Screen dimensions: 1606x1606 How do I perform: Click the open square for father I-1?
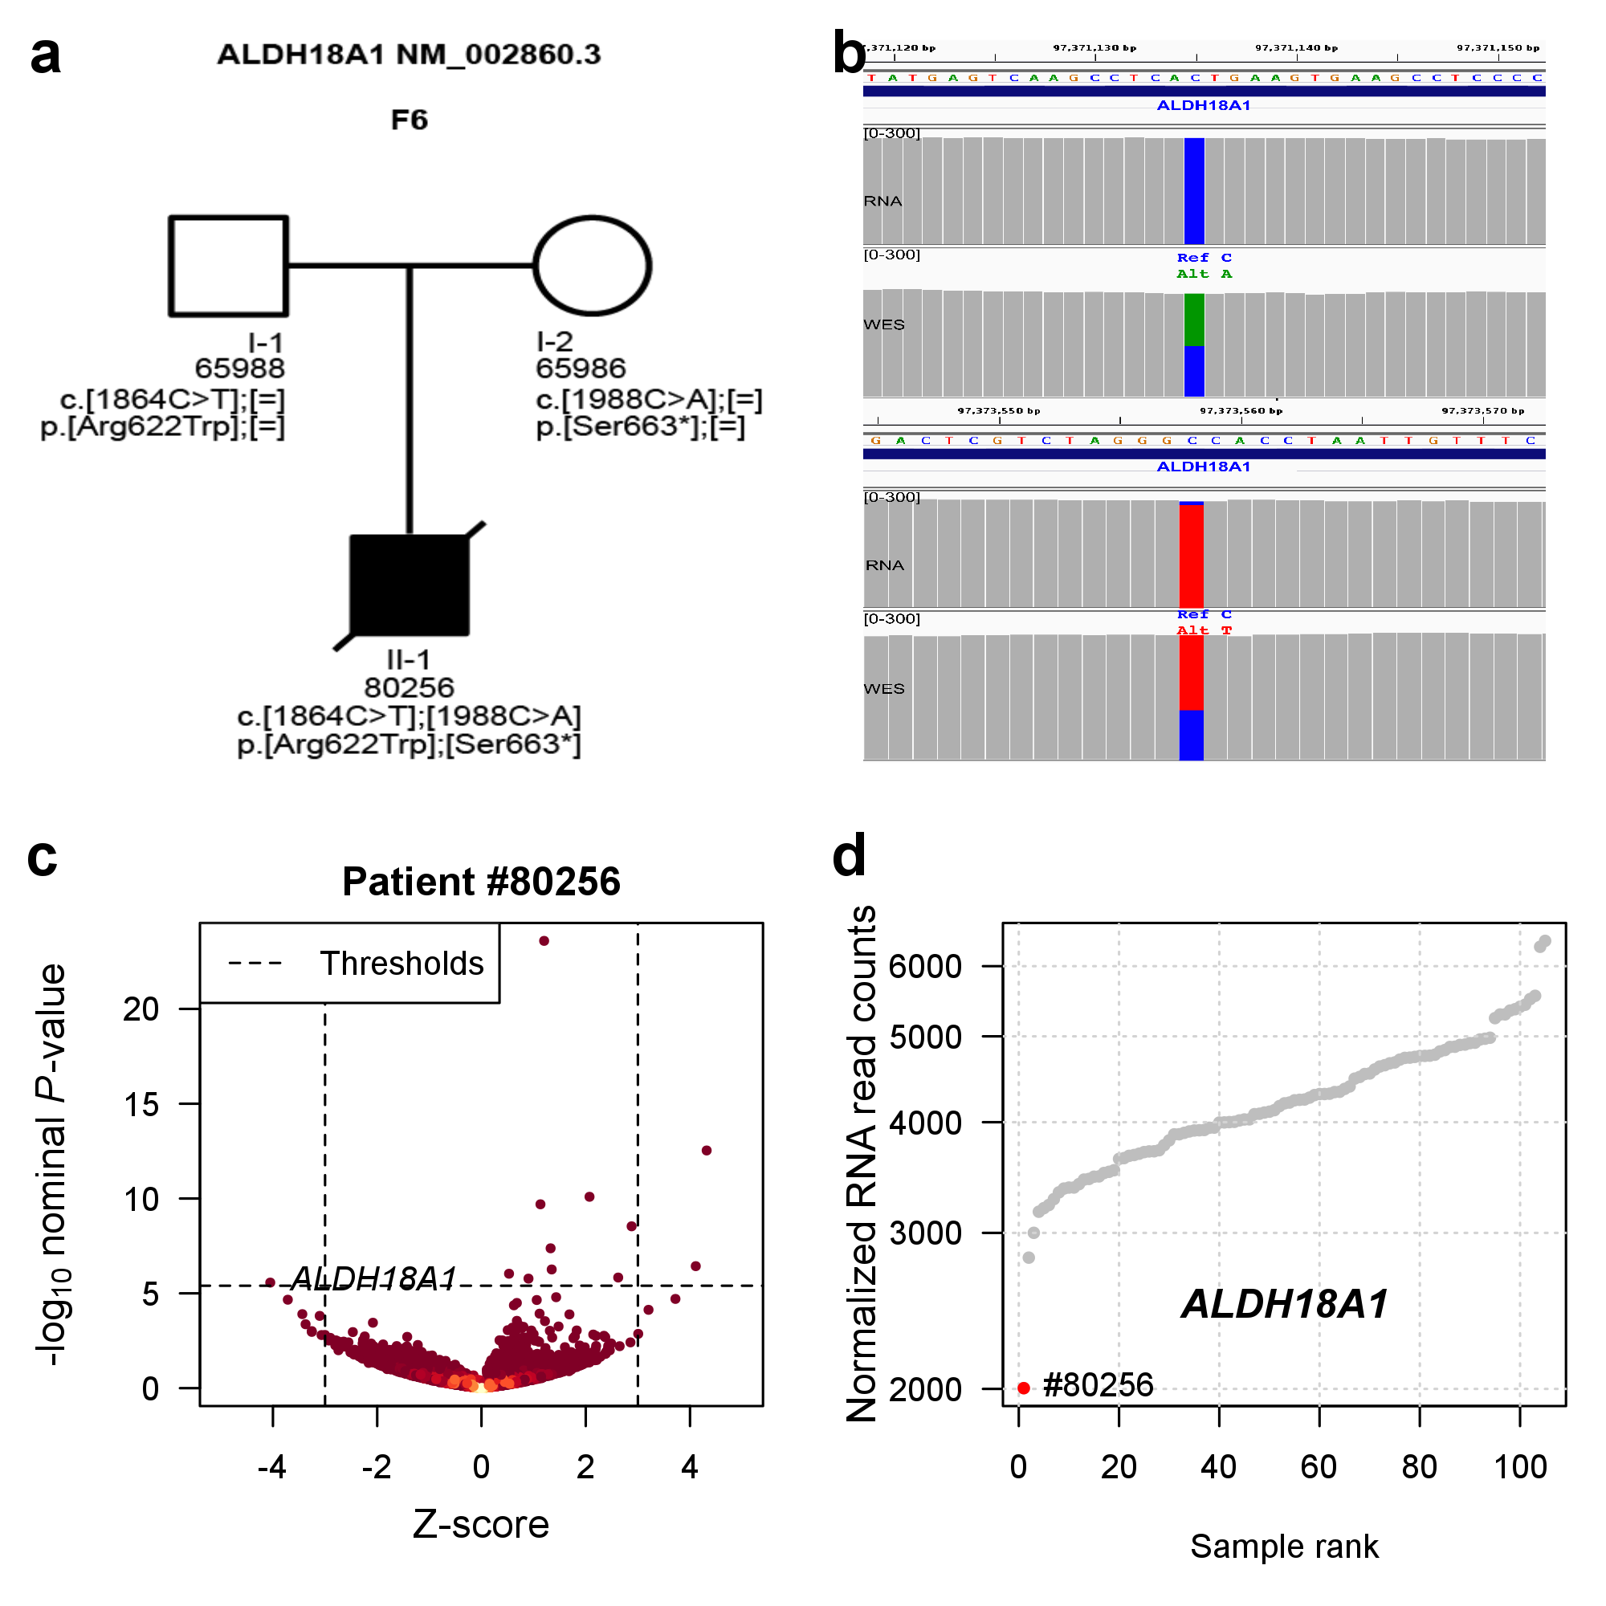click(x=229, y=266)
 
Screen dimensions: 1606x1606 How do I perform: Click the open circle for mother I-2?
click(x=592, y=266)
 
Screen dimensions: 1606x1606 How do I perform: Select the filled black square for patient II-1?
click(x=409, y=585)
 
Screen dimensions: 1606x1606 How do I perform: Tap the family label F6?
click(x=409, y=120)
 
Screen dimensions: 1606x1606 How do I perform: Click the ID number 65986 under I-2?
click(x=581, y=369)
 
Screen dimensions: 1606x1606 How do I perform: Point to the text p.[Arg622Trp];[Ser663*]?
click(x=409, y=744)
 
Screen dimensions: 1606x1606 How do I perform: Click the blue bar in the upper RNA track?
click(x=1194, y=191)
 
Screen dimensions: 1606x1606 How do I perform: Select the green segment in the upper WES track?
click(x=1194, y=320)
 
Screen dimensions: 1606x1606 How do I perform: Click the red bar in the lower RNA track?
click(x=1191, y=556)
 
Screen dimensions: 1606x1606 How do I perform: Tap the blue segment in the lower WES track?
click(x=1191, y=735)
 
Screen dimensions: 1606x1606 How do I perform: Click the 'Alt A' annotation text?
click(x=1204, y=275)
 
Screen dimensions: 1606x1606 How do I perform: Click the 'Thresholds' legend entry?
click(x=401, y=964)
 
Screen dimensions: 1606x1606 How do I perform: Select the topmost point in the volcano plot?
click(x=544, y=941)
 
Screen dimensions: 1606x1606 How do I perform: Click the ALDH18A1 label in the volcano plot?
click(x=374, y=1278)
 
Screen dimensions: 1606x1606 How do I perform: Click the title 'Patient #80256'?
click(x=481, y=882)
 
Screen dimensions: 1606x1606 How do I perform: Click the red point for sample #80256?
click(x=1024, y=1388)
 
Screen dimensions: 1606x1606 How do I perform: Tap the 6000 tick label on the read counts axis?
click(x=925, y=967)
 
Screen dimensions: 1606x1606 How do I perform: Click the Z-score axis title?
click(x=481, y=1525)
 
